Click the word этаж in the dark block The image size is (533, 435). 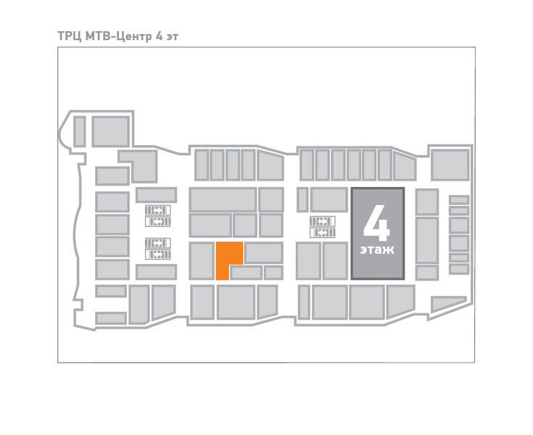376,251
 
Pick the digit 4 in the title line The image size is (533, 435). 158,35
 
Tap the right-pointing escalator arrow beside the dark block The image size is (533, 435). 322,221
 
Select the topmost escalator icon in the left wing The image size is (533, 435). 157,210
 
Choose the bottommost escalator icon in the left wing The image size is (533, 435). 157,254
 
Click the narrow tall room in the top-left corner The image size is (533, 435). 79,130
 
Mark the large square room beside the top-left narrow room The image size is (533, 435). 110,130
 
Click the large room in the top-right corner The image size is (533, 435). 450,165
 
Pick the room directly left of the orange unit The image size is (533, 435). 201,261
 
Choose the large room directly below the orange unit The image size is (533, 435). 236,301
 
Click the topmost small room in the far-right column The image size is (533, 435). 458,199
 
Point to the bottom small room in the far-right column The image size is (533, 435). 458,269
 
